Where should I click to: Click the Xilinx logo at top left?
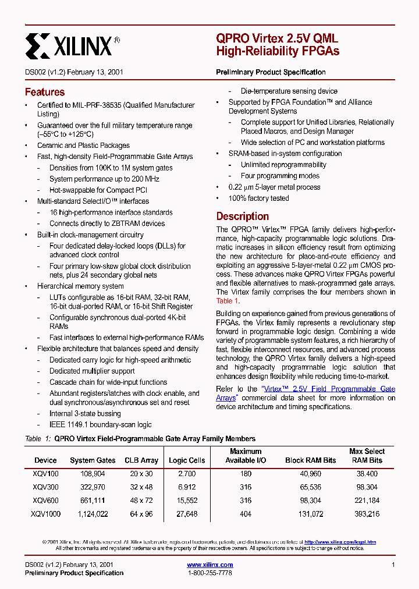click(x=73, y=44)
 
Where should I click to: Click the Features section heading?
click(x=45, y=92)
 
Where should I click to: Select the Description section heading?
click(x=242, y=216)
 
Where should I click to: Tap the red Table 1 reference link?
click(x=228, y=301)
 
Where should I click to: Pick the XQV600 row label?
click(x=45, y=501)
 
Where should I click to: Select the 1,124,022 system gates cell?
click(x=93, y=514)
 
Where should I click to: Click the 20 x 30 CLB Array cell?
click(x=141, y=474)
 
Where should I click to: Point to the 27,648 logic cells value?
click(x=186, y=514)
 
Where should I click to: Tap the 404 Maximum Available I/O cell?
click(x=246, y=514)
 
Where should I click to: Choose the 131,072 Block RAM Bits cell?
click(x=311, y=514)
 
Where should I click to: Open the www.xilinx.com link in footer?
click(x=210, y=565)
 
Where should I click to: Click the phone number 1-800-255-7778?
click(x=210, y=573)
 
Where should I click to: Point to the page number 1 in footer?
click(x=393, y=565)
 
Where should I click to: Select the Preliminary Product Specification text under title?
click(x=271, y=72)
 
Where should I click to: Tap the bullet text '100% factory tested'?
click(x=258, y=198)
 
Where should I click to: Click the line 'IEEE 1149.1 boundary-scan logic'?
click(x=100, y=424)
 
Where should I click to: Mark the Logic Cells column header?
click(x=187, y=460)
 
